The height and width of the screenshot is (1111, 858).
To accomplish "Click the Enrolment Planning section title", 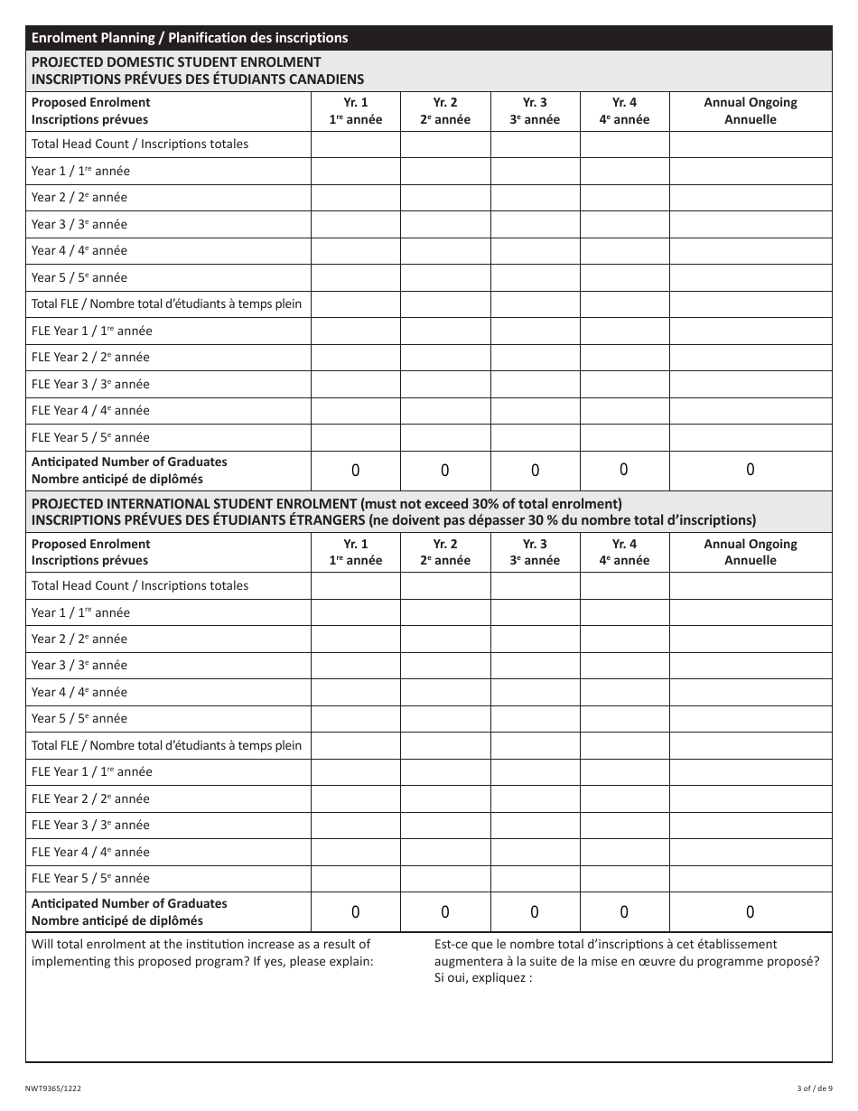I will click(189, 38).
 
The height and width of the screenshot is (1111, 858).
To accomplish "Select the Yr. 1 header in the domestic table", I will click(356, 111).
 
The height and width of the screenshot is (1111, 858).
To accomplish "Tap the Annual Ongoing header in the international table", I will click(750, 552).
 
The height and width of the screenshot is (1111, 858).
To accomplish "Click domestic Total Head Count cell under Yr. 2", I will click(445, 145).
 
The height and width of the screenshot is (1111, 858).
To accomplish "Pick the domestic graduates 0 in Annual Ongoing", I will click(750, 470).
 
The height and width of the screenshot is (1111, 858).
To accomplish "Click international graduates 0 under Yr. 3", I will click(535, 912).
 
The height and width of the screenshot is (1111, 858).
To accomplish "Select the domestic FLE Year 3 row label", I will click(90, 384).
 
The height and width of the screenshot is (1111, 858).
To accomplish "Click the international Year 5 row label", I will click(79, 719).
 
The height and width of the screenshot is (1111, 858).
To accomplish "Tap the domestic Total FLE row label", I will click(166, 304).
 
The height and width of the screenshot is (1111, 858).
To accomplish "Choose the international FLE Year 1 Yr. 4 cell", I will click(624, 772).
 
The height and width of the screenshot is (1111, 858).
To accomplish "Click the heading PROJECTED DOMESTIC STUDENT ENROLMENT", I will click(176, 62).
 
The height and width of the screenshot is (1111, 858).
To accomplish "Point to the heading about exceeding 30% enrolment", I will click(327, 504).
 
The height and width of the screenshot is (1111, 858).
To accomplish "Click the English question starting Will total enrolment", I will click(201, 952).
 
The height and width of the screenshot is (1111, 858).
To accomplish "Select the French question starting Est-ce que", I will click(626, 960).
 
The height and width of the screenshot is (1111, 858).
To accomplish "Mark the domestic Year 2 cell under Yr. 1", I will click(356, 198).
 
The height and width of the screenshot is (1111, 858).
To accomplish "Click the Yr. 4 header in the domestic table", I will click(624, 111).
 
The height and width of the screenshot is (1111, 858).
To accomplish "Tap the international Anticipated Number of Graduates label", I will click(129, 911).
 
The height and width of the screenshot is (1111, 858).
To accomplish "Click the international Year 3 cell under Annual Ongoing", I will click(750, 666).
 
